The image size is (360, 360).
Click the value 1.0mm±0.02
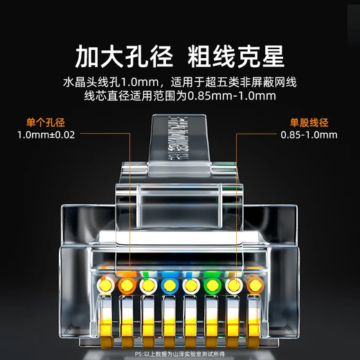46,135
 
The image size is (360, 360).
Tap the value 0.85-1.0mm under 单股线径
309,135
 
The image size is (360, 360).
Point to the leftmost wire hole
105,285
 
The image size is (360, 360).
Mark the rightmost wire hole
254,285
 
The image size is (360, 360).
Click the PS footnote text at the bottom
179,353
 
